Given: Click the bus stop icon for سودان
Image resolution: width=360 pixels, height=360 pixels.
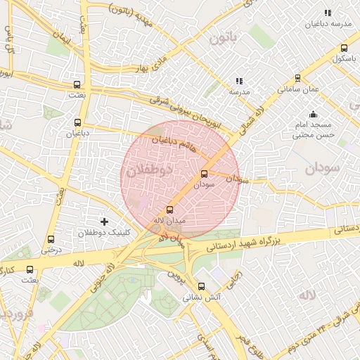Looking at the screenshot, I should (x=205, y=173).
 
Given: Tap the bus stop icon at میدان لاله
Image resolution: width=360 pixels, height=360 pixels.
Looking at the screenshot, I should (x=169, y=210).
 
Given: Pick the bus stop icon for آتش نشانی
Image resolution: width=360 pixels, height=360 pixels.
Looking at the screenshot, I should (x=202, y=286).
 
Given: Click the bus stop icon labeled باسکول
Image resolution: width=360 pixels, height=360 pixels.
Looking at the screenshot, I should (x=343, y=49).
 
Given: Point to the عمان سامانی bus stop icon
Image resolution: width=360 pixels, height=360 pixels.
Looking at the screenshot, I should (x=298, y=78).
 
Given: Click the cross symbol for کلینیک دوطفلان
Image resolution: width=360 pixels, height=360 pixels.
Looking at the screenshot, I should (x=105, y=221).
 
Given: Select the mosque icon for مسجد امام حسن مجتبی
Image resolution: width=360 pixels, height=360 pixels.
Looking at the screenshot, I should (x=313, y=114).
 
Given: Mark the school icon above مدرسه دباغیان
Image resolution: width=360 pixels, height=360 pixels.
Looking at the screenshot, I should (x=327, y=13).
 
